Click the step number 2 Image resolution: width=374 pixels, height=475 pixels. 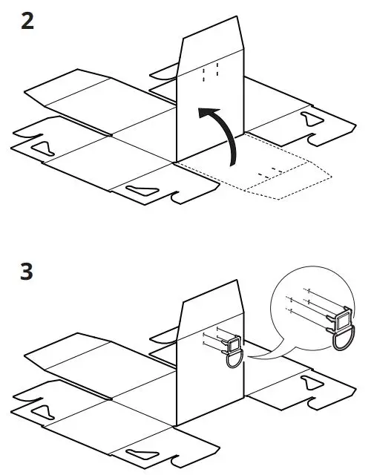pyautogui.click(x=27, y=21)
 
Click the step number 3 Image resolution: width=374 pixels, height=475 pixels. pyautogui.click(x=27, y=272)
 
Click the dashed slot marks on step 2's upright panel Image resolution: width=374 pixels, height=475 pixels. pyautogui.click(x=210, y=72)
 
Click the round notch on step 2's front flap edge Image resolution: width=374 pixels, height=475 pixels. pyautogui.click(x=175, y=198)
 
